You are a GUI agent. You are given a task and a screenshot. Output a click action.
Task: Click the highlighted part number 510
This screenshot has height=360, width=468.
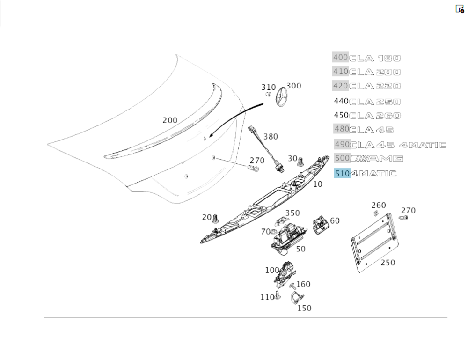(342, 173)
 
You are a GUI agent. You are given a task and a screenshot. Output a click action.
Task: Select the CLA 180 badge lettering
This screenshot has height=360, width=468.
(375, 58)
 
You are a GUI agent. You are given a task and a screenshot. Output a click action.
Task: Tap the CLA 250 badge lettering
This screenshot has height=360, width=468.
(375, 102)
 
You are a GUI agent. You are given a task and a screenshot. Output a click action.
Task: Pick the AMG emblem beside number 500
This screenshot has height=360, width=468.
(377, 159)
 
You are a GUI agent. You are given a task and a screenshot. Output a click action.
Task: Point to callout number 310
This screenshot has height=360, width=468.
(268, 87)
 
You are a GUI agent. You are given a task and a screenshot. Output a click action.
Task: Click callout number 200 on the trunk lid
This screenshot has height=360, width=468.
(170, 120)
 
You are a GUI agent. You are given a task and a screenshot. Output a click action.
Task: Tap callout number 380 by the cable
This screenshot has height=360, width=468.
(271, 137)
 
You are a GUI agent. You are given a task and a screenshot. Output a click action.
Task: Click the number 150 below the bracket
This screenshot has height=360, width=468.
(304, 308)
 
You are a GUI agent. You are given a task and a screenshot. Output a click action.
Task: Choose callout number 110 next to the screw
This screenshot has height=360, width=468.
(267, 297)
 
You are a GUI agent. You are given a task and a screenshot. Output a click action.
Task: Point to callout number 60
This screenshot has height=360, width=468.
(335, 221)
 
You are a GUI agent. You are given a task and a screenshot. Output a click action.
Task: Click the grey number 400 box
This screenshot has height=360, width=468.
(341, 58)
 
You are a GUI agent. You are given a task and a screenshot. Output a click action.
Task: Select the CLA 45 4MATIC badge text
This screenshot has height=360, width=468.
(398, 145)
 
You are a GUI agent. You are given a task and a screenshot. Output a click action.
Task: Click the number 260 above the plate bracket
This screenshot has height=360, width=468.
(379, 205)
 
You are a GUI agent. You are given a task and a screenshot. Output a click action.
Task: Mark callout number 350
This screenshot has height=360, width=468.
(292, 213)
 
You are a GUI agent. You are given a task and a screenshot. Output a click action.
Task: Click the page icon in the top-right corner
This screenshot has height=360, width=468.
(460, 9)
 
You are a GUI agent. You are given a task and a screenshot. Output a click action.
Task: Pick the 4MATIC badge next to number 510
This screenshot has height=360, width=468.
(373, 174)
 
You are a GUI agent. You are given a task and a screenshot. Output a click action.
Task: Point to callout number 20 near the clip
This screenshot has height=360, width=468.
(207, 217)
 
